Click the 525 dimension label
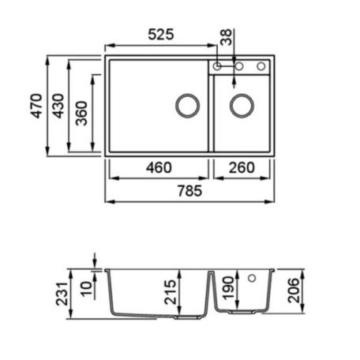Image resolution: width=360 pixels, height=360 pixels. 161,35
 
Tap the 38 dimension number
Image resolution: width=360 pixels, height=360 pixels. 226,37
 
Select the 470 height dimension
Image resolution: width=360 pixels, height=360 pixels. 36,106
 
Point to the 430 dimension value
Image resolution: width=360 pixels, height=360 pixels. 58,106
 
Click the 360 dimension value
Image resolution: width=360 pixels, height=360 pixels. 81,113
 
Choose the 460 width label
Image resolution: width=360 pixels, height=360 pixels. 159,167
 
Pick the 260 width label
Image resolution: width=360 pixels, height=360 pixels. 242,167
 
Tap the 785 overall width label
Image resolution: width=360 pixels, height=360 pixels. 189,191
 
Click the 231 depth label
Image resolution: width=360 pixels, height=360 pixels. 62,294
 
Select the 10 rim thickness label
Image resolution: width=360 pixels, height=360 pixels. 86,289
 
